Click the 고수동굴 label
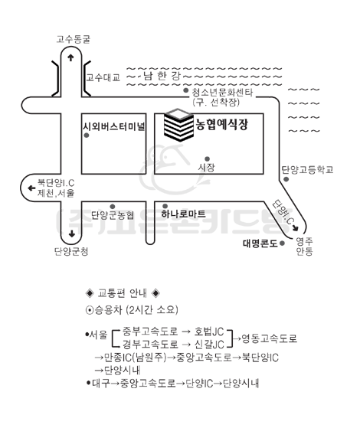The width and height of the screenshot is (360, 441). pos(74,39)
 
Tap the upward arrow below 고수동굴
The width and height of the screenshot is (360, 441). pos(70,57)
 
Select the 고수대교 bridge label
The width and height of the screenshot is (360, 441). pos(103,77)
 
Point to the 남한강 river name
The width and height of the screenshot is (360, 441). pos(162,76)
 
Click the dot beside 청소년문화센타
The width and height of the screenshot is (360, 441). pos(186,90)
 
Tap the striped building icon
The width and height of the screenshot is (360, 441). pos(178,125)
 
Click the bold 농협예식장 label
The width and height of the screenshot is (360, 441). pos(222,124)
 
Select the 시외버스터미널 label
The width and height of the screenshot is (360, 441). pos(113,126)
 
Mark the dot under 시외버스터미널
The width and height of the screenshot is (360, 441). pos(87,136)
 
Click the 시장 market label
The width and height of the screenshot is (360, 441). pos(207,168)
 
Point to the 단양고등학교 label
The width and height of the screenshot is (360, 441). pos(308,170)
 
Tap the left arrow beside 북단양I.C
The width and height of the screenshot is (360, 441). pos(31,188)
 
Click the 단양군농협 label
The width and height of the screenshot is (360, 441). pos(113,215)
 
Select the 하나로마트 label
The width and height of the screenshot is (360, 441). pos(183,214)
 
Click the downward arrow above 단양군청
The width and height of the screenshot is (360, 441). pos(71,234)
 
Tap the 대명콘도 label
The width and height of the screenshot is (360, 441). pos(260,243)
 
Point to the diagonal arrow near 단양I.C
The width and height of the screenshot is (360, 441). pos(295,228)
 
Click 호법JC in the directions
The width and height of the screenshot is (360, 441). pos(209,332)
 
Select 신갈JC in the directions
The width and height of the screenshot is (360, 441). pos(209,345)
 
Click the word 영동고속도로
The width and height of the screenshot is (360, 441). pos(270,338)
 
